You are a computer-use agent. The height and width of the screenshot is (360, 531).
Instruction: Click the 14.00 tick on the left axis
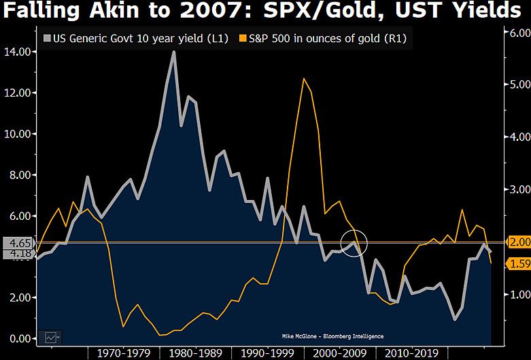coord(17,52)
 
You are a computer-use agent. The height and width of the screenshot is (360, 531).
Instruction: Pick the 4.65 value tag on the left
coord(16,242)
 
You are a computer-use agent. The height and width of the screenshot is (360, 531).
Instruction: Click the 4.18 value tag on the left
coord(16,254)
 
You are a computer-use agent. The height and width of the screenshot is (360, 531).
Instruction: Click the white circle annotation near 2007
coord(354,243)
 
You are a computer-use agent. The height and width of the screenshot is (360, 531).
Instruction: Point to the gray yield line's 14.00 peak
coord(173,52)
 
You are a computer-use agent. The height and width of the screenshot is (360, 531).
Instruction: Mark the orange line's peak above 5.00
coord(303,79)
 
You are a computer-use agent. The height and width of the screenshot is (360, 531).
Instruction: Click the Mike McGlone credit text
coord(332,336)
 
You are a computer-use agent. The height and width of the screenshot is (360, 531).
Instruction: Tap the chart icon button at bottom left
coord(51,336)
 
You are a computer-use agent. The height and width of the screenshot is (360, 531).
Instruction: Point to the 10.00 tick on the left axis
coord(17,134)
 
